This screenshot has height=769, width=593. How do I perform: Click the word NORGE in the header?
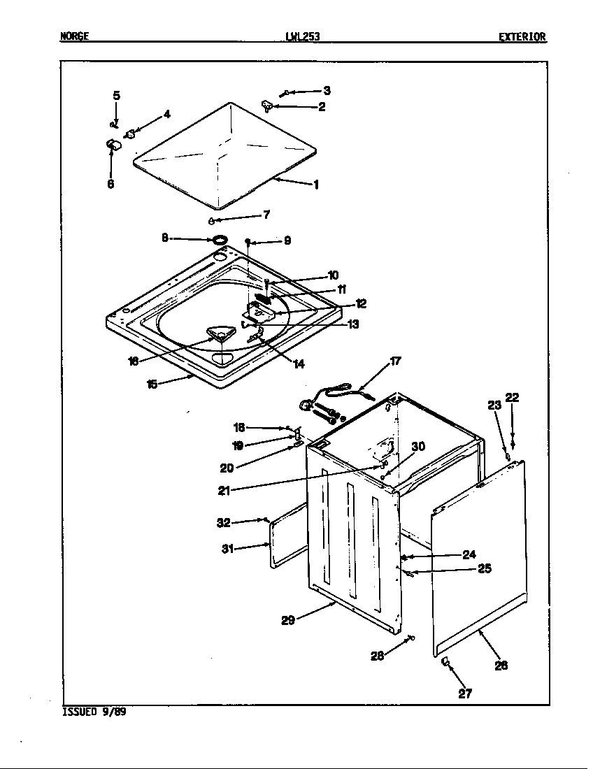point(74,37)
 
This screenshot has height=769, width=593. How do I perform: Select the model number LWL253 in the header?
point(303,37)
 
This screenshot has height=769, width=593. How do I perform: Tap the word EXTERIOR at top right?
point(522,37)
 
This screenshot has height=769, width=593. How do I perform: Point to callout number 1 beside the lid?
point(315,185)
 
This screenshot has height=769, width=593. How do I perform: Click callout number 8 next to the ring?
point(165,238)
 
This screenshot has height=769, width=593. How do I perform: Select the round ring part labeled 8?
point(220,240)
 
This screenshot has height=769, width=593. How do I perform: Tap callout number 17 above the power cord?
point(396,361)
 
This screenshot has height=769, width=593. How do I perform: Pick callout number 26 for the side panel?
point(501,665)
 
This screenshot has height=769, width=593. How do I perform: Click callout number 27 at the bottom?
point(465,693)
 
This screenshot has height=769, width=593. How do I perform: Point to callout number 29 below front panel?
point(288,619)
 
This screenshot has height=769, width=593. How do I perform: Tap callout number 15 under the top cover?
point(152,384)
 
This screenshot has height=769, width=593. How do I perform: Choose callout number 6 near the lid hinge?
point(111,185)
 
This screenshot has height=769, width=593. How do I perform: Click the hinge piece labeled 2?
point(267,106)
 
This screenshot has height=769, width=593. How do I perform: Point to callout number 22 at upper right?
point(513,398)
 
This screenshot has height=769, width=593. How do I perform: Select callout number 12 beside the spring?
point(361,303)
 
